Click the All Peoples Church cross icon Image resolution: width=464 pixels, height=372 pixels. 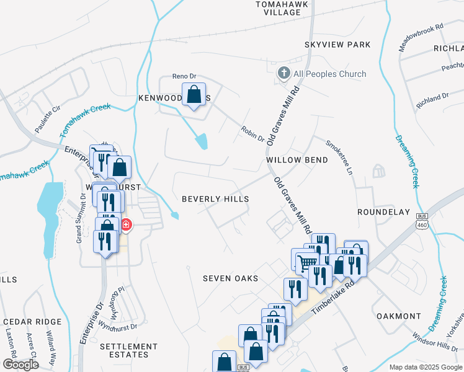[x=283, y=74]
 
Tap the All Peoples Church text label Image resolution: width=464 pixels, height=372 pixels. [x=329, y=74]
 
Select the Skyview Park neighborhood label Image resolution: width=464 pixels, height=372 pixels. [x=337, y=45]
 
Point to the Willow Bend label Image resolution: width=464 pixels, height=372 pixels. [x=297, y=159]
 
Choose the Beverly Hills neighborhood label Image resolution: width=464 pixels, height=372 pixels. [x=215, y=199]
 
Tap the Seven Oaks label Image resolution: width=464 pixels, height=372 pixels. [x=230, y=278]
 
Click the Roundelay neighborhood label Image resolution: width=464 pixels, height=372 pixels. [x=383, y=211]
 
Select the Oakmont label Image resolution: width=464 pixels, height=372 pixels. [x=399, y=316]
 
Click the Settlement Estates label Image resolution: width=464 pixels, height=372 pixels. [x=128, y=350]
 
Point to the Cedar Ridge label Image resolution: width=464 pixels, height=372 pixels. [x=32, y=322]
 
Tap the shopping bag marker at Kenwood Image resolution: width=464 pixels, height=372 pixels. [x=194, y=95]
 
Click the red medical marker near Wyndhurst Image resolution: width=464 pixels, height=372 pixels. [x=125, y=224]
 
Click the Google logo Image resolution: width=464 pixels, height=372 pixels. [x=20, y=365]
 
